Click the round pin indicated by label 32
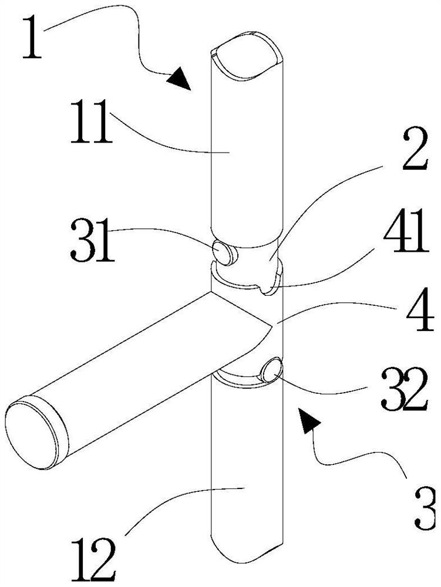point(271,371)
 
